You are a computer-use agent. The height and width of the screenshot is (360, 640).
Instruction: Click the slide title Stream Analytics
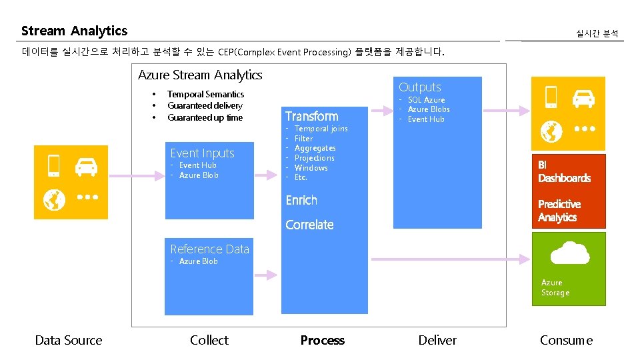pos(74,31)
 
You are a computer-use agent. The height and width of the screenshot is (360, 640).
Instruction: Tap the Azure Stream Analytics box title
pos(200,75)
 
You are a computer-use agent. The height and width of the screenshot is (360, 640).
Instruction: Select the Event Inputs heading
pos(202,153)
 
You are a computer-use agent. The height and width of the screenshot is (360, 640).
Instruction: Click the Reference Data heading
pos(209,249)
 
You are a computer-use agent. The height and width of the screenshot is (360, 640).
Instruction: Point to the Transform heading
pos(311,116)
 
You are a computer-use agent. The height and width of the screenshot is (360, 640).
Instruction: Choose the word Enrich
pos(301,200)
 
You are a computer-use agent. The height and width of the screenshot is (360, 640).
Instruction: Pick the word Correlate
pos(309,225)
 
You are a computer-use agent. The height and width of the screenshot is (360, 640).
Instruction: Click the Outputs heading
pos(420,87)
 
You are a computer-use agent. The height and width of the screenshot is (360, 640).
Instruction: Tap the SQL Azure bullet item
pos(426,100)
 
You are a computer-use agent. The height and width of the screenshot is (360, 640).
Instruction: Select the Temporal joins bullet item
pos(321,129)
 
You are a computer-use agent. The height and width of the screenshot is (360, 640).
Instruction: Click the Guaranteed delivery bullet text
pos(205,106)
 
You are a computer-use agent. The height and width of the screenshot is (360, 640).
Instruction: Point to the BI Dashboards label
pos(564,171)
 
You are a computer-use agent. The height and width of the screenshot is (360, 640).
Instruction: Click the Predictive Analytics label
pos(559,211)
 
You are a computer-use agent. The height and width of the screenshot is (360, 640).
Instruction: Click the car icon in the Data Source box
pos(86,167)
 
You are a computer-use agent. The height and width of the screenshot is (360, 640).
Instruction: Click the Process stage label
pos(322,340)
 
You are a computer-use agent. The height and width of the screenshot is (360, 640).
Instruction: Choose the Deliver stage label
pos(437,340)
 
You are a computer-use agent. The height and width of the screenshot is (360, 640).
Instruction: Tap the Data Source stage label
pos(69,340)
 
